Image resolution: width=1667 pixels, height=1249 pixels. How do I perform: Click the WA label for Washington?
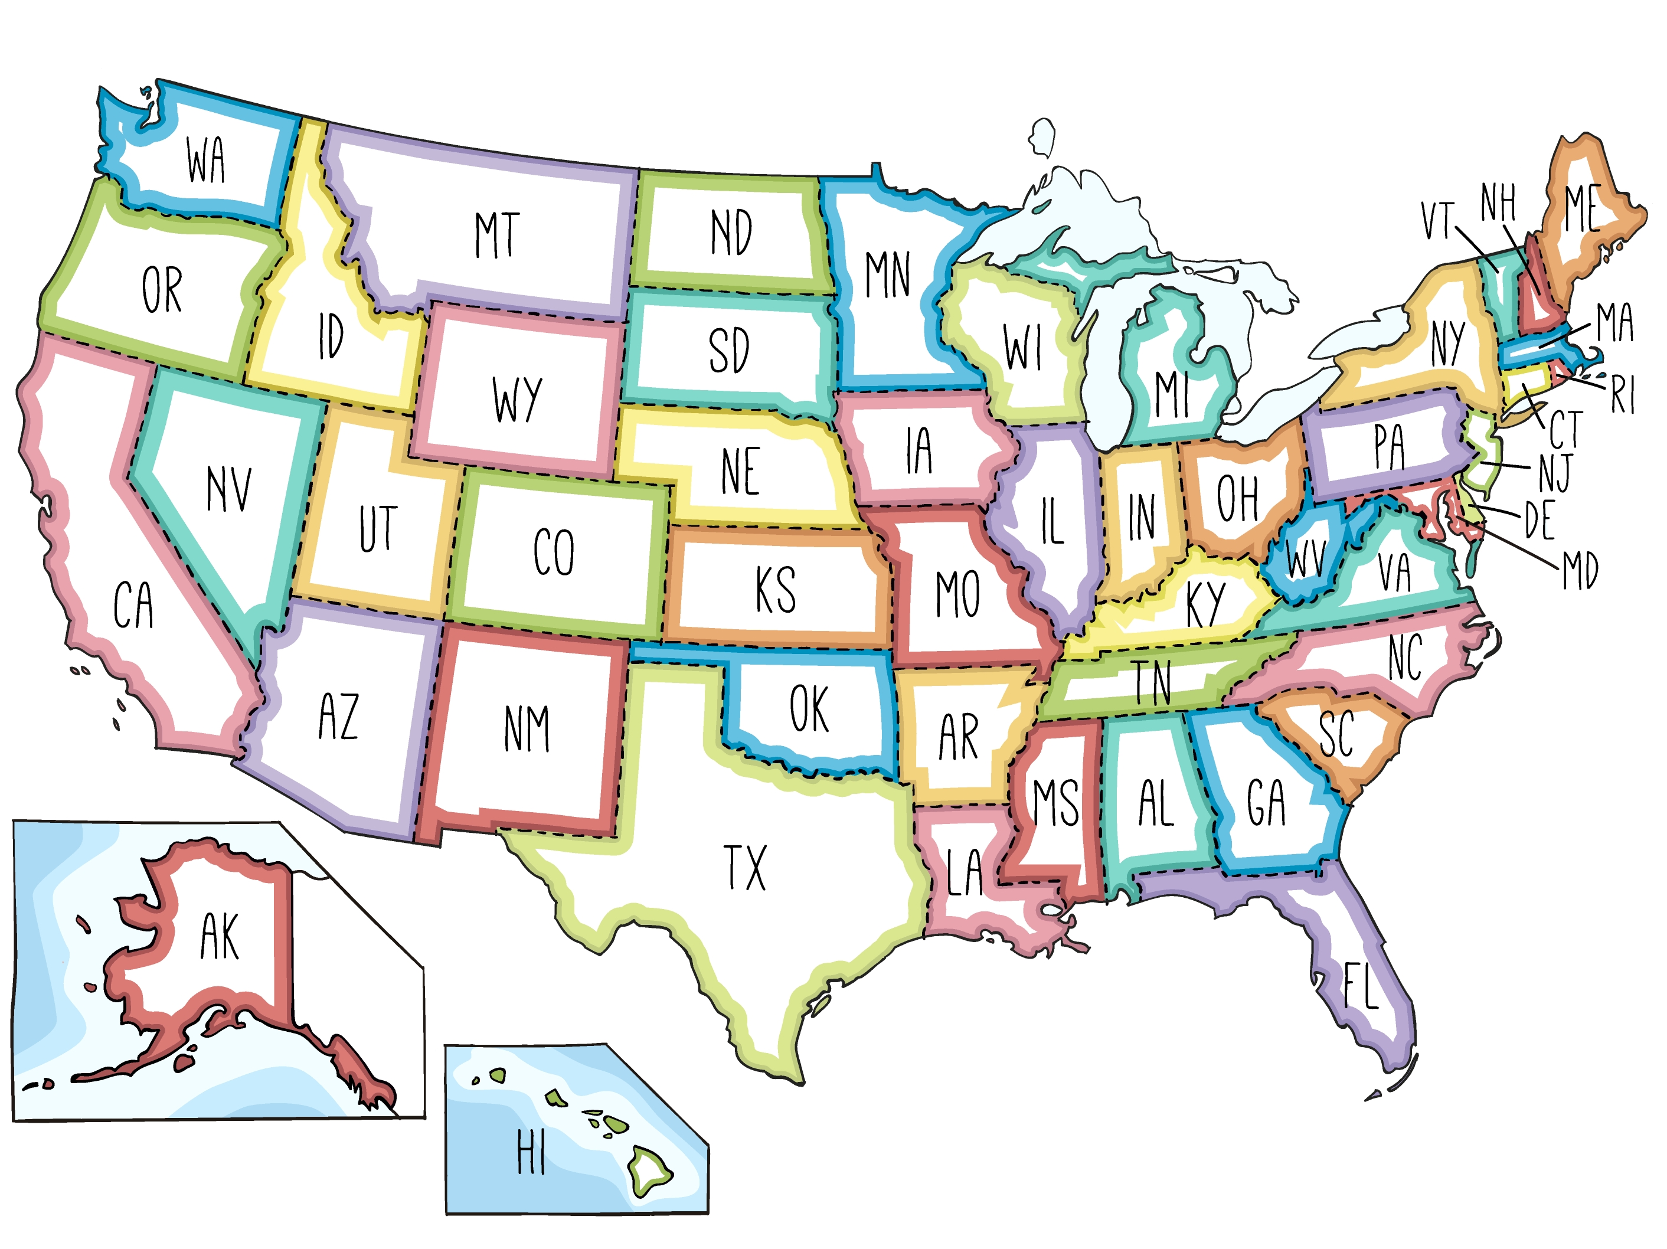pyautogui.click(x=206, y=160)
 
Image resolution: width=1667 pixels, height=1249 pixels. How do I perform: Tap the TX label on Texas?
pyautogui.click(x=744, y=868)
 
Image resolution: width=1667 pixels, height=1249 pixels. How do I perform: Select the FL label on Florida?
pyautogui.click(x=1361, y=985)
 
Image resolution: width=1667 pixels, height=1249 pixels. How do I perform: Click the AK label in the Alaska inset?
pyautogui.click(x=220, y=936)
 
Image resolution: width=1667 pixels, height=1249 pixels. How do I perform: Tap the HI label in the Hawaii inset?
pyautogui.click(x=531, y=1153)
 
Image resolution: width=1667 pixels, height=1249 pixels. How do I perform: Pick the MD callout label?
pyautogui.click(x=1580, y=571)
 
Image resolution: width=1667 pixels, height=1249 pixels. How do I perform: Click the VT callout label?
pyautogui.click(x=1436, y=220)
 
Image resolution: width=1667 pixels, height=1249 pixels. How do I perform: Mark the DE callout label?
pyautogui.click(x=1539, y=520)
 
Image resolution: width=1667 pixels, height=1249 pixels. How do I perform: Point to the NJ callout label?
pyautogui.click(x=1555, y=473)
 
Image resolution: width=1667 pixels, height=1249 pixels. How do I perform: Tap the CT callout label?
pyautogui.click(x=1565, y=430)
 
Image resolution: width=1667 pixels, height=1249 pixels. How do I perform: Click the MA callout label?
pyautogui.click(x=1614, y=322)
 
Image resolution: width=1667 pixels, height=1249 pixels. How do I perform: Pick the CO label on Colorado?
pyautogui.click(x=554, y=552)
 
